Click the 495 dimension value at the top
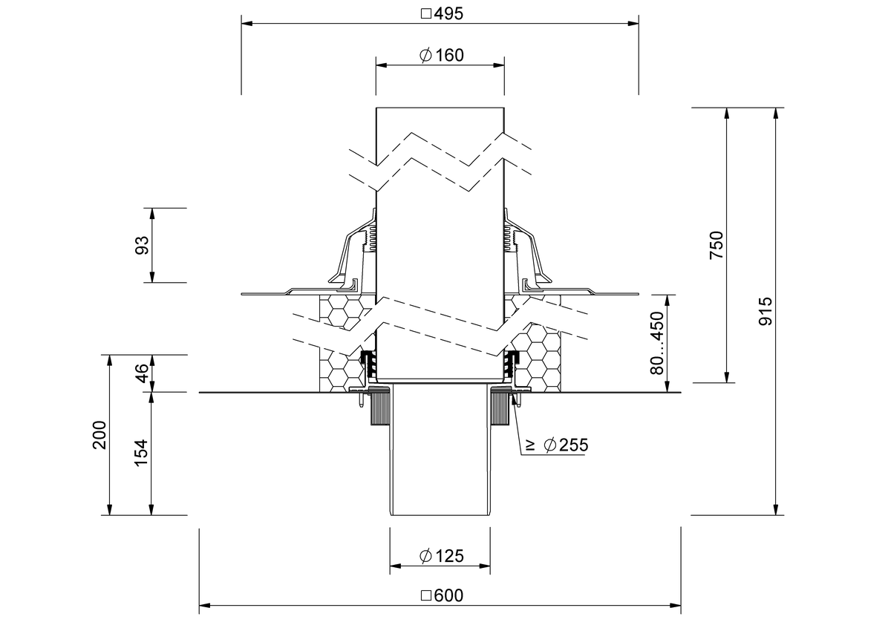pyautogui.click(x=448, y=14)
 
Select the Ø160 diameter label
pyautogui.click(x=442, y=55)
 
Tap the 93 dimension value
pyautogui.click(x=143, y=245)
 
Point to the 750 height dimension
pyautogui.click(x=717, y=245)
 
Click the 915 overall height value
pyautogui.click(x=766, y=312)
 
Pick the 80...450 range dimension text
pyautogui.click(x=658, y=343)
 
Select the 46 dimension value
pyautogui.click(x=143, y=373)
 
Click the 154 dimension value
pyautogui.click(x=142, y=453)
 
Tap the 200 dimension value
pyautogui.click(x=99, y=435)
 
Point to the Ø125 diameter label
pyautogui.click(x=442, y=556)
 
